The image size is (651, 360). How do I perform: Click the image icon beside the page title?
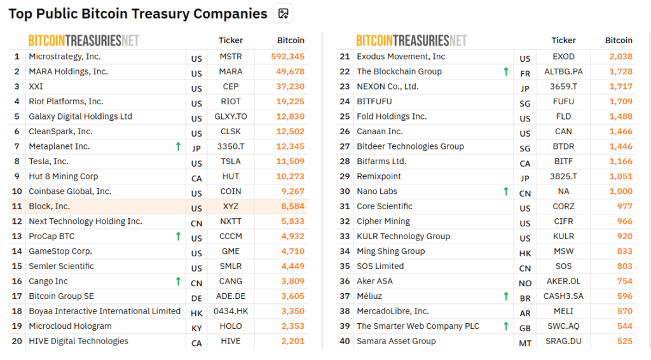[x=284, y=13]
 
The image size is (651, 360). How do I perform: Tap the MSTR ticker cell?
[x=231, y=57]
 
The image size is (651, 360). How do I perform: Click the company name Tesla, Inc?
[x=48, y=162]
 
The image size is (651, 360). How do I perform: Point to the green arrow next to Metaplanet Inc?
[x=178, y=146]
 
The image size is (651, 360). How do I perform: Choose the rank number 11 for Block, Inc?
[x=17, y=206]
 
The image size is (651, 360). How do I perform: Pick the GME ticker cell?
[x=231, y=251]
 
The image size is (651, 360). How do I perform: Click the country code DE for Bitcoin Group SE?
[x=196, y=298]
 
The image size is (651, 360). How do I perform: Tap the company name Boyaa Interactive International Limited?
[x=105, y=311]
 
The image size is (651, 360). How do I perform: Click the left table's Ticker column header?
[x=231, y=40]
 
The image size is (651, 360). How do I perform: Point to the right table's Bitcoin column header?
[x=619, y=40]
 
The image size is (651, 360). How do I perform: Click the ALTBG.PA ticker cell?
[x=563, y=72]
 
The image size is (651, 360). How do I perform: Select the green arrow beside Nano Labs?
[x=506, y=191]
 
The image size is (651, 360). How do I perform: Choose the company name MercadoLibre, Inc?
[x=393, y=311]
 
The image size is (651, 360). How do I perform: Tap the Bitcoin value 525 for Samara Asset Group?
[x=624, y=341]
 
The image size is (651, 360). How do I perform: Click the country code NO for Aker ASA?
[x=525, y=283]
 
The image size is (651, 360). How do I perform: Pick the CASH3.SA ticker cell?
[x=563, y=296]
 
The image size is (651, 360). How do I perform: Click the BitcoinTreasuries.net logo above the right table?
[x=411, y=40]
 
